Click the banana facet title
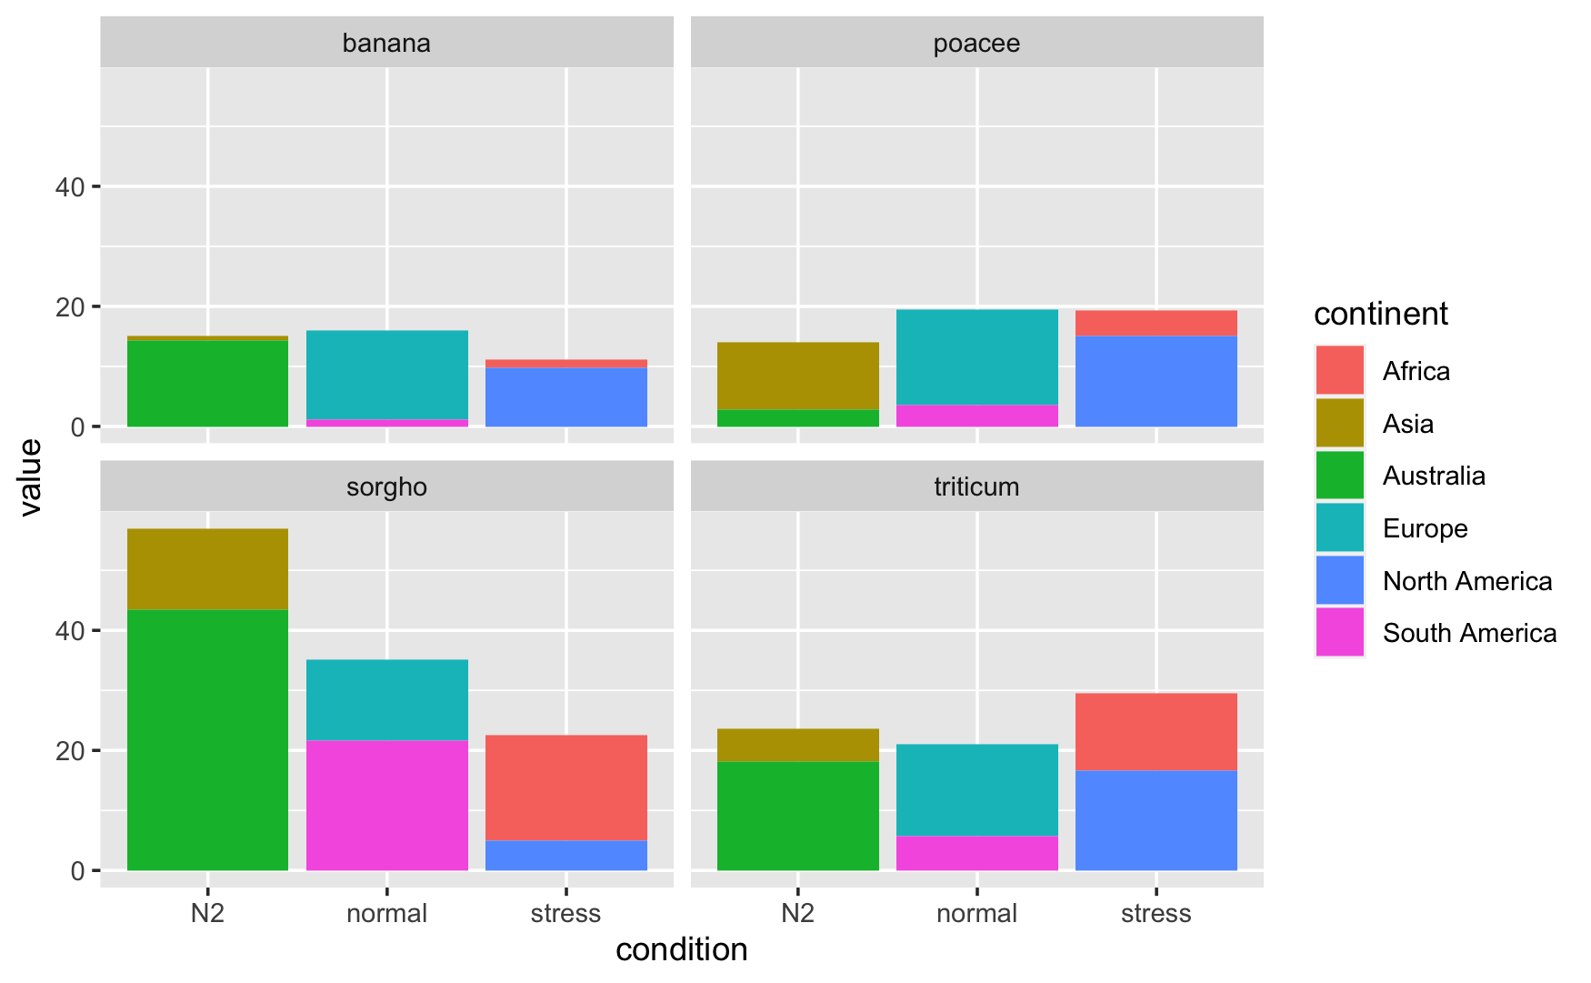pyautogui.click(x=386, y=43)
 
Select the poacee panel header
pyautogui.click(x=976, y=43)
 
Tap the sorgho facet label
pyautogui.click(x=386, y=486)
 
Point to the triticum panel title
pyautogui.click(x=976, y=486)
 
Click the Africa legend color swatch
pyautogui.click(x=1339, y=370)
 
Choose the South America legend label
pyautogui.click(x=1469, y=633)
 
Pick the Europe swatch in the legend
pyautogui.click(x=1339, y=527)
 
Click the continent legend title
pyautogui.click(x=1380, y=314)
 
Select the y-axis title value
pyautogui.click(x=30, y=476)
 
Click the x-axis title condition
pyautogui.click(x=681, y=949)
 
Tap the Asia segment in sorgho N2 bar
pyautogui.click(x=207, y=568)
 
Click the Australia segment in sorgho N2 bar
pyautogui.click(x=207, y=739)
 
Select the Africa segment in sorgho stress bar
pyautogui.click(x=565, y=787)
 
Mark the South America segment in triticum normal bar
pyautogui.click(x=976, y=853)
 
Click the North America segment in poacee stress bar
pyautogui.click(x=1156, y=381)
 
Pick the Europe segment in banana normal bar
pyautogui.click(x=386, y=375)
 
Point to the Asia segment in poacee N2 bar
pyautogui.click(x=797, y=376)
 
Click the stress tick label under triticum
pyautogui.click(x=1156, y=913)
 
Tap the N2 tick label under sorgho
pyautogui.click(x=207, y=913)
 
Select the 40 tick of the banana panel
pyautogui.click(x=70, y=187)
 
